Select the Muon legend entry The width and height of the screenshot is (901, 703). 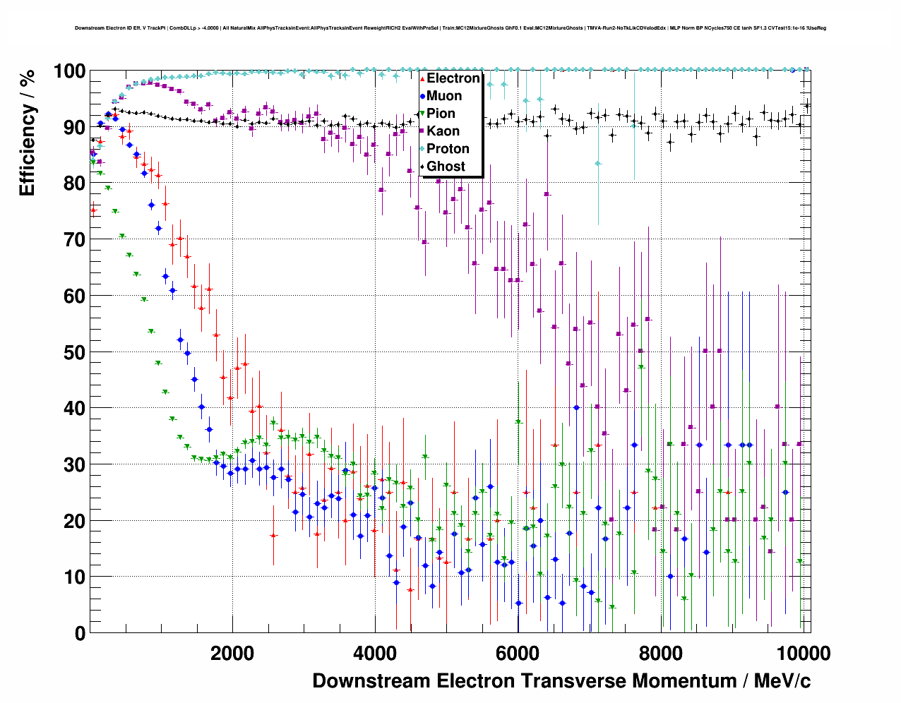coord(444,96)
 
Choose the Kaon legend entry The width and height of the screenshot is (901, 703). coord(443,131)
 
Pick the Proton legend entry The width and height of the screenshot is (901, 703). coord(448,149)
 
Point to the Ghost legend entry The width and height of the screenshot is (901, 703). coord(446,167)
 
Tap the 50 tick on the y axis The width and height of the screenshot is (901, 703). coord(74,352)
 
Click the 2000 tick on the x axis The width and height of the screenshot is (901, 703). coord(232,653)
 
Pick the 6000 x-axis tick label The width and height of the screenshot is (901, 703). coord(518,653)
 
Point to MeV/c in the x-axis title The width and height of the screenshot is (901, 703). coord(782,681)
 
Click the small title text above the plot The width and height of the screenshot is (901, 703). coord(450,28)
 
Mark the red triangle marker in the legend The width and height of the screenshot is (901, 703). coord(422,78)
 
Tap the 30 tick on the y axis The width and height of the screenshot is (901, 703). coord(74,464)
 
